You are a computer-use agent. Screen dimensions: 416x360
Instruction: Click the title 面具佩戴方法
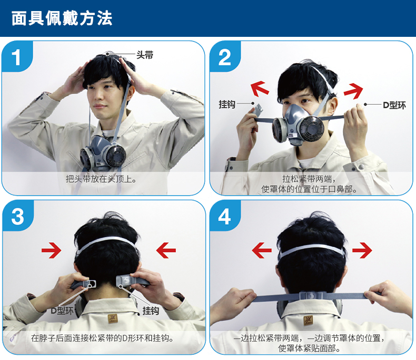click(x=62, y=18)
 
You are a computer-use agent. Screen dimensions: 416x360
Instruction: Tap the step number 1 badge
click(x=16, y=57)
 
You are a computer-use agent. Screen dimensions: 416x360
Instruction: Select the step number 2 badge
click(x=224, y=57)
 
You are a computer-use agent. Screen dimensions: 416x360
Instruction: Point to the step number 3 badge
click(x=17, y=216)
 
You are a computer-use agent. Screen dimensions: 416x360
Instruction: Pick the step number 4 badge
click(x=224, y=216)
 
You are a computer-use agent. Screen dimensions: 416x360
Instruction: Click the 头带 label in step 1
click(x=145, y=55)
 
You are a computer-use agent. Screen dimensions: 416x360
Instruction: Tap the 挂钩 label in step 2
click(x=227, y=104)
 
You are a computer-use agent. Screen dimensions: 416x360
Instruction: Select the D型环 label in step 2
click(x=394, y=105)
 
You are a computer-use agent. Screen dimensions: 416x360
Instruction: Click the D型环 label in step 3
click(x=62, y=311)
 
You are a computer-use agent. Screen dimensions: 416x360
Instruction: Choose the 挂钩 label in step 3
click(x=151, y=311)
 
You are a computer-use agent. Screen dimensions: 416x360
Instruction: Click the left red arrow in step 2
click(x=260, y=88)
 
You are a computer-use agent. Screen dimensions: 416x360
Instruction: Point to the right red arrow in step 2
click(x=353, y=91)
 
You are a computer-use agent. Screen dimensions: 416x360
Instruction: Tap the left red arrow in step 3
click(x=52, y=250)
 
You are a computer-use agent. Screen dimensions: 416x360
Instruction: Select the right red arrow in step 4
click(x=362, y=250)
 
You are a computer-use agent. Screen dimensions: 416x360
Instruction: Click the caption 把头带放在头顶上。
click(x=101, y=179)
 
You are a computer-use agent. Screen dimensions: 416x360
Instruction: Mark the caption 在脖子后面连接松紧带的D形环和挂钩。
click(x=102, y=338)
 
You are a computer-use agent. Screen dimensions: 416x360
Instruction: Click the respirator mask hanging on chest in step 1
click(x=103, y=153)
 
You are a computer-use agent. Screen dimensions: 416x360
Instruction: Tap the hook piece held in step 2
click(x=257, y=110)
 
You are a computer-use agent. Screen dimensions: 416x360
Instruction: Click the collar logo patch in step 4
click(x=308, y=320)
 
